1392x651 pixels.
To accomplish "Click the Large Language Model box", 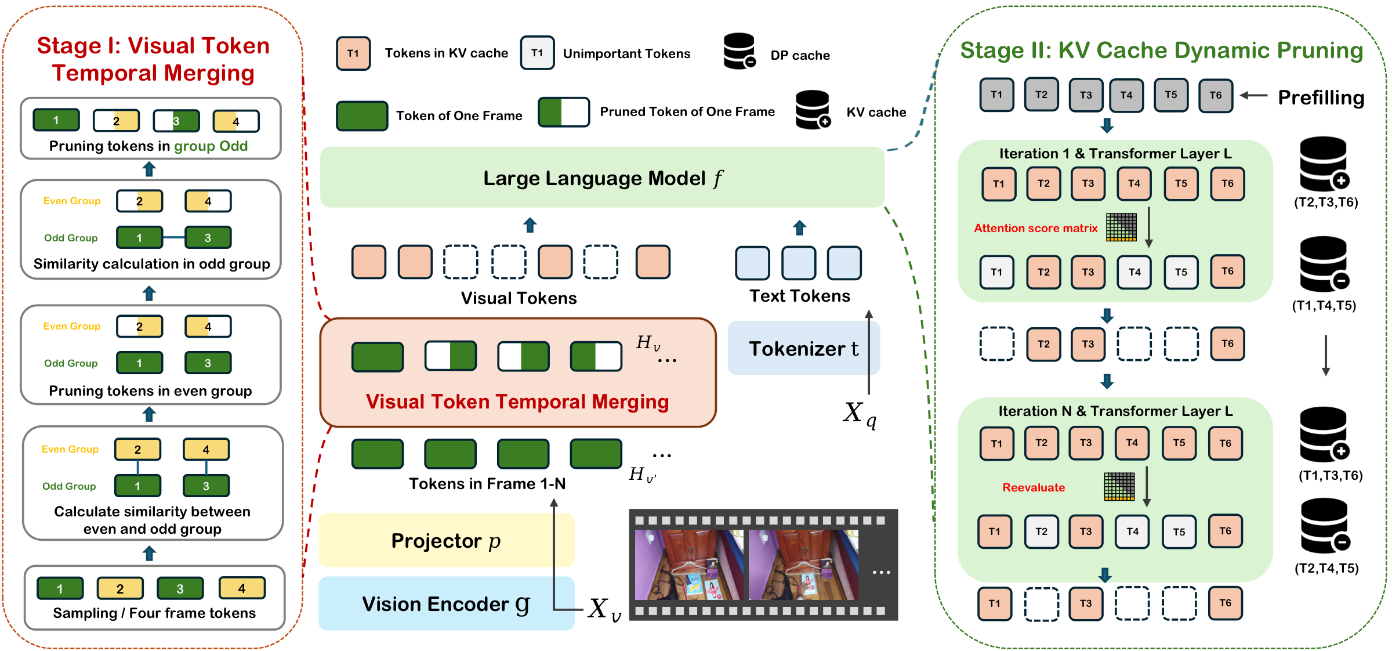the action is [x=602, y=178].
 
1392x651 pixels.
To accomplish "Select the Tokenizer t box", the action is [x=804, y=348].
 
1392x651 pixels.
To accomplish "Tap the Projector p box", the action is [x=447, y=540].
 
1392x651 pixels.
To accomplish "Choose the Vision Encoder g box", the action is [x=447, y=603].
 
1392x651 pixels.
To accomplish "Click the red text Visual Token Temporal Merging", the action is [x=517, y=402].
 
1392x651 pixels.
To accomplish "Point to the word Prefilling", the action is [x=1321, y=97].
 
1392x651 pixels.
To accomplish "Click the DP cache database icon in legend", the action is [x=740, y=52].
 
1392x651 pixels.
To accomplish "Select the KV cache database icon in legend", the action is [x=813, y=110].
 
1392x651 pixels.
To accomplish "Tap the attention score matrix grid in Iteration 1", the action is [x=1121, y=227].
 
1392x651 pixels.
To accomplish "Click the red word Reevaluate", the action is [x=1034, y=487].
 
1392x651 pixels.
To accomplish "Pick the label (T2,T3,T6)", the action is [x=1326, y=202].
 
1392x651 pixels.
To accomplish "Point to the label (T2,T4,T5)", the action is [x=1327, y=568].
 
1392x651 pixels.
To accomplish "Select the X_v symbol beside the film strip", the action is [x=604, y=609].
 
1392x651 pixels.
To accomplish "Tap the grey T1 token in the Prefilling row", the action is [x=996, y=95].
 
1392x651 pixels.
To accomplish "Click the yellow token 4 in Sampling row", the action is [x=242, y=588].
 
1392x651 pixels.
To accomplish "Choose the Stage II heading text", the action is [x=1162, y=50].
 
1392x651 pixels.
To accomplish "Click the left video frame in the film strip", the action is [x=689, y=565].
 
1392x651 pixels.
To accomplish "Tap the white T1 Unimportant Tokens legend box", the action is [x=537, y=53].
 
